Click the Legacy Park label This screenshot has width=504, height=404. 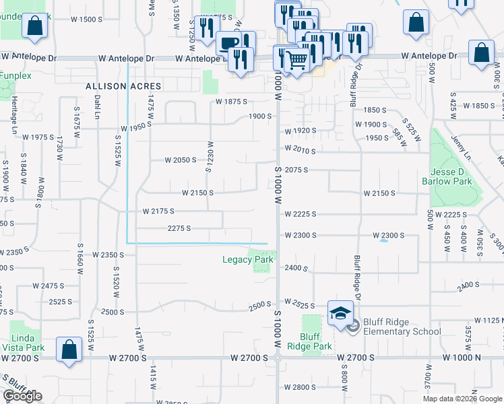click(x=248, y=259)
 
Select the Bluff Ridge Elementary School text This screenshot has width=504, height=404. click(x=402, y=327)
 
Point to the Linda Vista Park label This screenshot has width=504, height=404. click(x=27, y=342)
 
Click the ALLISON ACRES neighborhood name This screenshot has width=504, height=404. click(x=123, y=86)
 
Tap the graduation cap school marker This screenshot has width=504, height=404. click(x=340, y=312)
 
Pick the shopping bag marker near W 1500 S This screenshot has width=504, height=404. click(x=34, y=26)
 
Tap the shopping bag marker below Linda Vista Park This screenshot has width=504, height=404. click(x=69, y=349)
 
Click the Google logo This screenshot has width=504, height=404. click(x=22, y=396)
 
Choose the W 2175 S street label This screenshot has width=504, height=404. click(x=158, y=211)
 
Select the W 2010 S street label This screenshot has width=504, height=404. click(x=300, y=149)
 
